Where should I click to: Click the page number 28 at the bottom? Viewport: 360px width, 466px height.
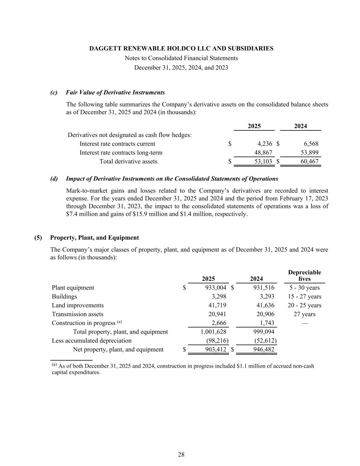tap(181, 454)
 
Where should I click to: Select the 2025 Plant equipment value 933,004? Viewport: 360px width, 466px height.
tap(215, 288)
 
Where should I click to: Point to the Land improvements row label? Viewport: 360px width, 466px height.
tap(78, 306)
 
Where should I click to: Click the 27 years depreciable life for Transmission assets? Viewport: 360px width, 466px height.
tap(304, 314)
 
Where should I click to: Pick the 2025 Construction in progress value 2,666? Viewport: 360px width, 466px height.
tap(219, 323)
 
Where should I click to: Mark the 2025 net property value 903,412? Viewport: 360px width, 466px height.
tap(216, 350)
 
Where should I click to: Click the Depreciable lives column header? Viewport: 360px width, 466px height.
tap(304, 276)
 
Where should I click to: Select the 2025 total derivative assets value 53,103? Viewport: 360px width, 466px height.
tap(263, 161)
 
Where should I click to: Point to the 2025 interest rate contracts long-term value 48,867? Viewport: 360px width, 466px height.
tap(263, 153)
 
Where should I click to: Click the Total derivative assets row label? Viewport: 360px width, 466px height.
tap(128, 161)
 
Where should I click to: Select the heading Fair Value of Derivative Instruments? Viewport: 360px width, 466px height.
tap(115, 93)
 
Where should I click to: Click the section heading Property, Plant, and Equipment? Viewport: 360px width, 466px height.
tap(95, 238)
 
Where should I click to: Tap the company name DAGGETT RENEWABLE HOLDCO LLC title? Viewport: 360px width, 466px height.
tap(181, 48)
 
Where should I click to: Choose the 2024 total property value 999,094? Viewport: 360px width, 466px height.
tap(264, 332)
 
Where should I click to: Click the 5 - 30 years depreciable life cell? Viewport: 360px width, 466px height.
tap(304, 288)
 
